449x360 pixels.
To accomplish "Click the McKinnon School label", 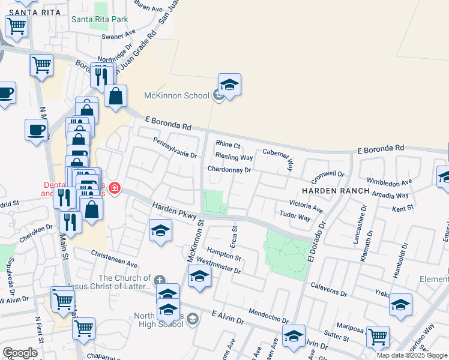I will [176, 95].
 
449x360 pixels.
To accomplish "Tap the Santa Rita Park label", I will [100, 19].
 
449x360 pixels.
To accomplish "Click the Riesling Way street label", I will [234, 157].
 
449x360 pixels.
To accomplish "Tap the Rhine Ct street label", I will [228, 145].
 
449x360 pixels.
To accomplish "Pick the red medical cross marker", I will [114, 189].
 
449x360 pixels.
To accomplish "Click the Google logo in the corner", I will [20, 353].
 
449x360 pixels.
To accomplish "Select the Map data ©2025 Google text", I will [412, 355].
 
